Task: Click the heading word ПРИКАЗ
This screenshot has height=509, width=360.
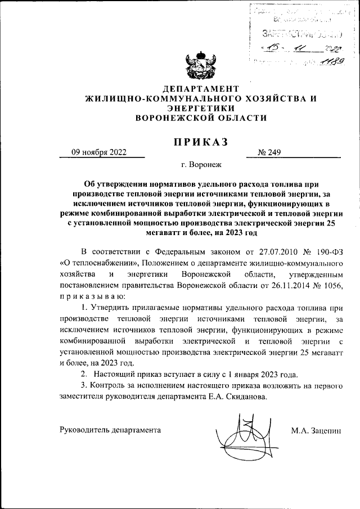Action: (200, 142)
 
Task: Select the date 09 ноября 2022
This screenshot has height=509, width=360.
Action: (98, 152)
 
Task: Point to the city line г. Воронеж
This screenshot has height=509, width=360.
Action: (202, 166)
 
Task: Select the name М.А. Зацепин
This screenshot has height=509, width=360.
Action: (316, 430)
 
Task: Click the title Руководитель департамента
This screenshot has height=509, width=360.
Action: (110, 430)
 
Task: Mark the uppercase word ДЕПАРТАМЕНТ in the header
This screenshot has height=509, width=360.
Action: (200, 89)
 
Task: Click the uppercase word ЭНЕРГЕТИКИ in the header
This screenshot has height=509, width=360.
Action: (200, 108)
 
